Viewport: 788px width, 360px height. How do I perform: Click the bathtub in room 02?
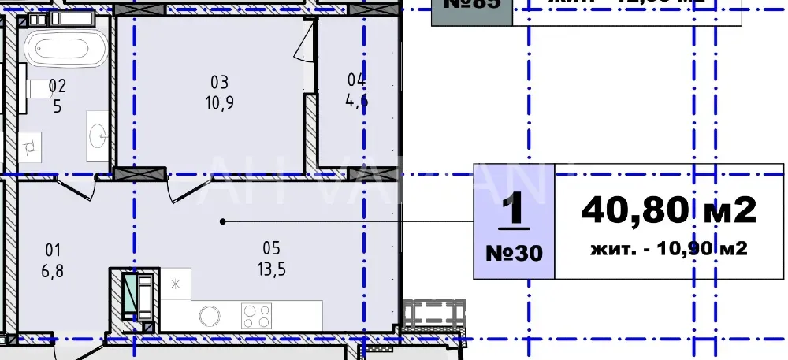click(65, 48)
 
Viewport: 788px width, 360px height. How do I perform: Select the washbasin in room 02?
click(98, 135)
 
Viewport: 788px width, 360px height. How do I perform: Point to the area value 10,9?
click(219, 102)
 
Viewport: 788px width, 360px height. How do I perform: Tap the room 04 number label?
click(357, 79)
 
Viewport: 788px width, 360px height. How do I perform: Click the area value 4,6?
click(357, 100)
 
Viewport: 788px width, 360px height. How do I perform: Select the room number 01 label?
click(53, 250)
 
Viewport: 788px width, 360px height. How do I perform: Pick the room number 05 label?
click(272, 247)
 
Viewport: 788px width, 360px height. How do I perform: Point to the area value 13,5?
click(272, 268)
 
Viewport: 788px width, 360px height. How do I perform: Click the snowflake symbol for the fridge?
click(175, 284)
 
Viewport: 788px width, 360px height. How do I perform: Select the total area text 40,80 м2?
click(668, 210)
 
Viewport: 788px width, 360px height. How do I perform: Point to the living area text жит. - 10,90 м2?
click(668, 250)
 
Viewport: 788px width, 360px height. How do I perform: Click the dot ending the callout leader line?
click(223, 221)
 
